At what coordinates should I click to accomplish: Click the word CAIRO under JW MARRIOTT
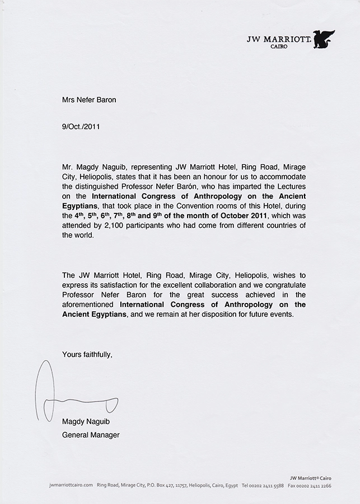(x=278, y=46)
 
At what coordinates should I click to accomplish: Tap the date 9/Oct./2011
(x=82, y=127)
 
